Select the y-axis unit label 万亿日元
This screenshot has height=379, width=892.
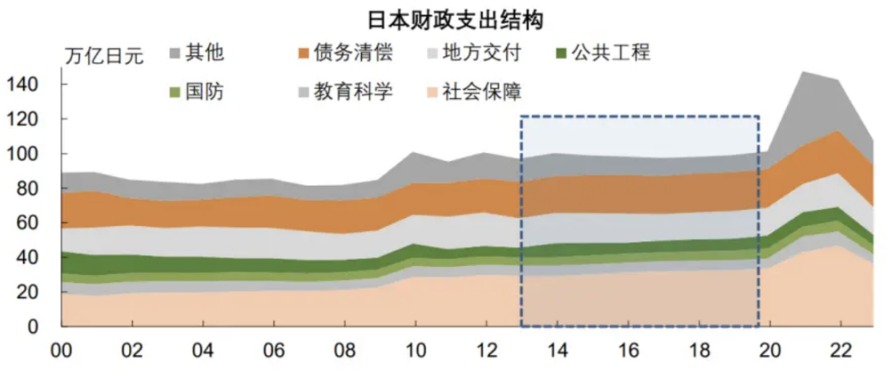(x=103, y=57)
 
